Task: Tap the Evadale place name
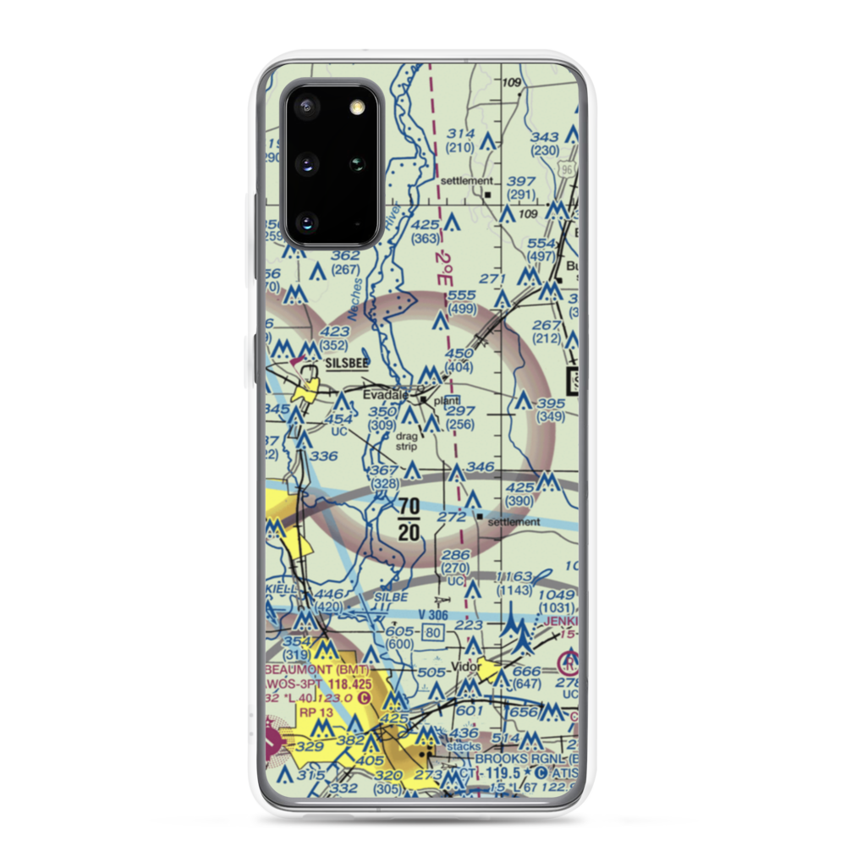386,395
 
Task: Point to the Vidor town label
465,667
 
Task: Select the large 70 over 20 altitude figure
409,519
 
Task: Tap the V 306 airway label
433,615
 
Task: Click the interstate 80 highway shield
435,632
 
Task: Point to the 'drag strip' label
406,442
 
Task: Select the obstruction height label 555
462,294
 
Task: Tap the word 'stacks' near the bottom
463,747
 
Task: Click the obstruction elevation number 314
461,135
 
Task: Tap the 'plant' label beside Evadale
448,400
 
